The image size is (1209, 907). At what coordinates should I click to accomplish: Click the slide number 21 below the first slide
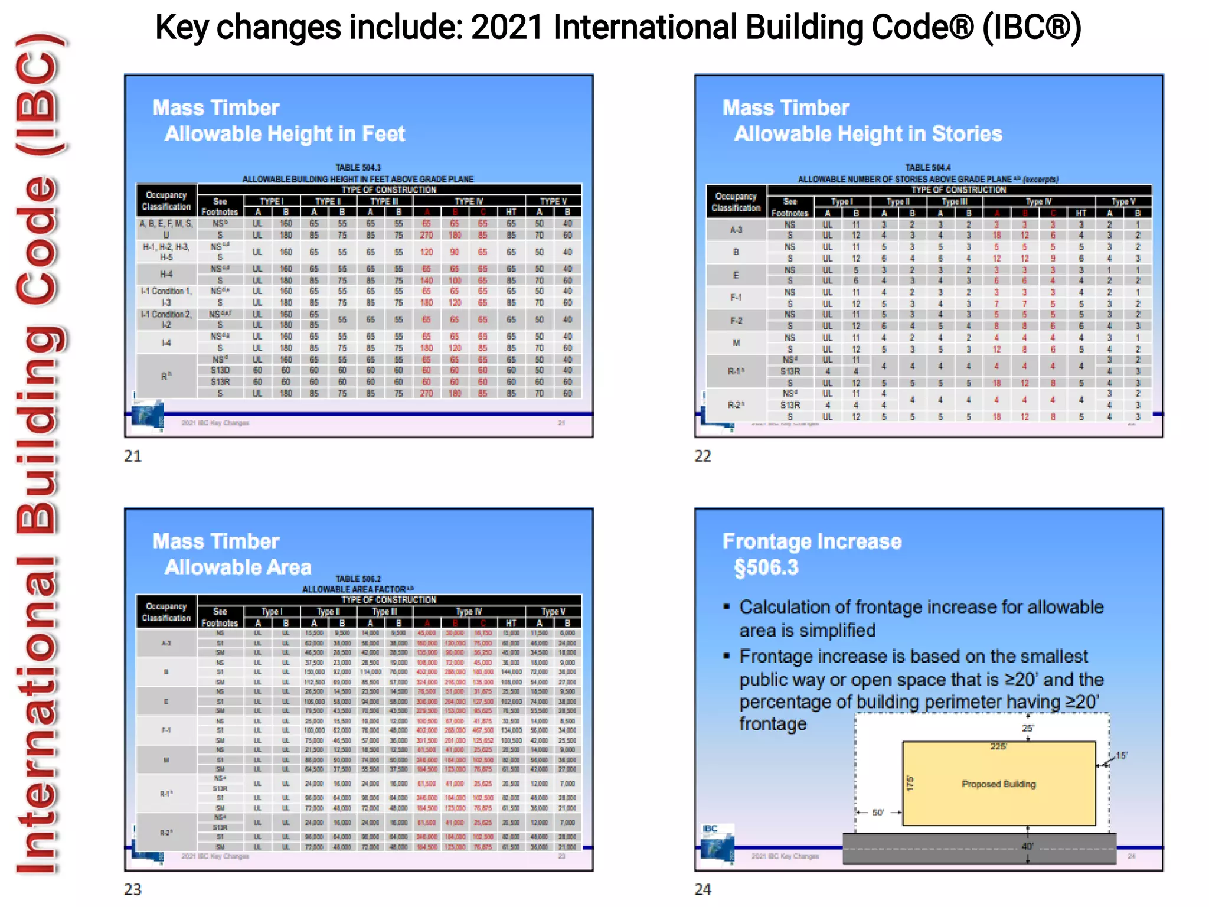(x=133, y=456)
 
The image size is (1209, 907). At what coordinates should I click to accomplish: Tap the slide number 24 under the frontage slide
(x=702, y=889)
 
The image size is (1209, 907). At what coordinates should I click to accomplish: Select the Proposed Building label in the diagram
(x=999, y=784)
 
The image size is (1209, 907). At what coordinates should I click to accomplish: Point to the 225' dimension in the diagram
(x=998, y=746)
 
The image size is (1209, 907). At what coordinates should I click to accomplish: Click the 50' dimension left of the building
(x=878, y=813)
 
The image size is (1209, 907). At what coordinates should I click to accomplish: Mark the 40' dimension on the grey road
(x=1027, y=846)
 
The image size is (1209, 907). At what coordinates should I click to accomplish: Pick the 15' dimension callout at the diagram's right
(x=1121, y=756)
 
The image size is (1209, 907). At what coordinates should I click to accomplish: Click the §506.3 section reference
(x=766, y=567)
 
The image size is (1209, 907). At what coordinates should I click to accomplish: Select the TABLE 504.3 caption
(x=358, y=168)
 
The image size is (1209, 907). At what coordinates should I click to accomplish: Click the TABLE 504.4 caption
(x=928, y=168)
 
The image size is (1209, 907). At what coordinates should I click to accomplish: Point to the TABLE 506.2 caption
(x=358, y=579)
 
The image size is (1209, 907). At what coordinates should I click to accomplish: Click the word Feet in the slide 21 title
(x=383, y=134)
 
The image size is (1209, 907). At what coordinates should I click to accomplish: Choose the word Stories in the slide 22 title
(x=967, y=134)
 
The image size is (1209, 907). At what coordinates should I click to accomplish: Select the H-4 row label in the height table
(x=166, y=274)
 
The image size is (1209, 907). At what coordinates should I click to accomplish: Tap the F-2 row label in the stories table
(x=736, y=321)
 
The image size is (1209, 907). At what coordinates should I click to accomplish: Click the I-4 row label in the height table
(x=166, y=342)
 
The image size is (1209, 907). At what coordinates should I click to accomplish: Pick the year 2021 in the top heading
(x=507, y=27)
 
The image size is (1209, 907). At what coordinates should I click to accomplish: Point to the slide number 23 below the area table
(x=133, y=889)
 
